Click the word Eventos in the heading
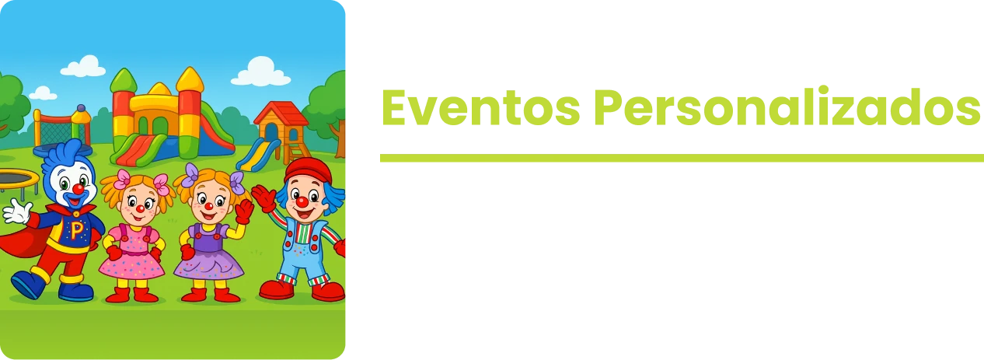[x=480, y=109]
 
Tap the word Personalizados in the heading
[x=785, y=109]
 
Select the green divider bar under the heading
[x=681, y=158]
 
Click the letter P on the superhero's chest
[x=76, y=229]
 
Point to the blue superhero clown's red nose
[x=78, y=189]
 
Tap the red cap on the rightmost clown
[x=309, y=169]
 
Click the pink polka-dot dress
[x=132, y=257]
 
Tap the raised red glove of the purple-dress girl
[x=245, y=210]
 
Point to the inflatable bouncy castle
[x=163, y=117]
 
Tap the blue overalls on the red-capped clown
[x=303, y=249]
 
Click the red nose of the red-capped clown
[x=302, y=202]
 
